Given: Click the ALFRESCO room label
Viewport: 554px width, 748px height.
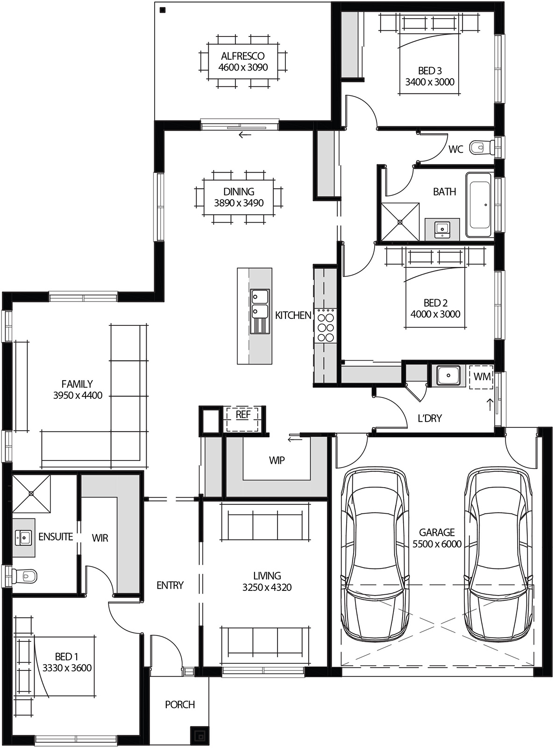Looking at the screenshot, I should [243, 56].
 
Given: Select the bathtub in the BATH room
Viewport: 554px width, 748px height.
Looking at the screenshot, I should [479, 205].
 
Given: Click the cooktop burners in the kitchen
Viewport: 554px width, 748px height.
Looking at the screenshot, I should [326, 325].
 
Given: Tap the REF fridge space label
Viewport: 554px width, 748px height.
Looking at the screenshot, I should [243, 415].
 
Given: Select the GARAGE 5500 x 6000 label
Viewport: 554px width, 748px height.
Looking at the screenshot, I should [437, 538].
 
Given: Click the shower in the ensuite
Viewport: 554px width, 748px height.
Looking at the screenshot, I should [31, 493].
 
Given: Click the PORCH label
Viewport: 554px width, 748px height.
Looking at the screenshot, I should [180, 705].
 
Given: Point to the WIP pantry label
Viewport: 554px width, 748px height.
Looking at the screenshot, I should [277, 460].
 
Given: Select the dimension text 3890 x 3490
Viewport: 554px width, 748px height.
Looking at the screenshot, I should [239, 203].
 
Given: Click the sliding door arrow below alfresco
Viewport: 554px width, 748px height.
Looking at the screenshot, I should [244, 136].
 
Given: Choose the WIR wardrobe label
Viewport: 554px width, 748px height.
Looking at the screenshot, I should [100, 538].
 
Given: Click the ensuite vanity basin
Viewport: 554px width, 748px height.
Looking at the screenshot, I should [23, 537].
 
